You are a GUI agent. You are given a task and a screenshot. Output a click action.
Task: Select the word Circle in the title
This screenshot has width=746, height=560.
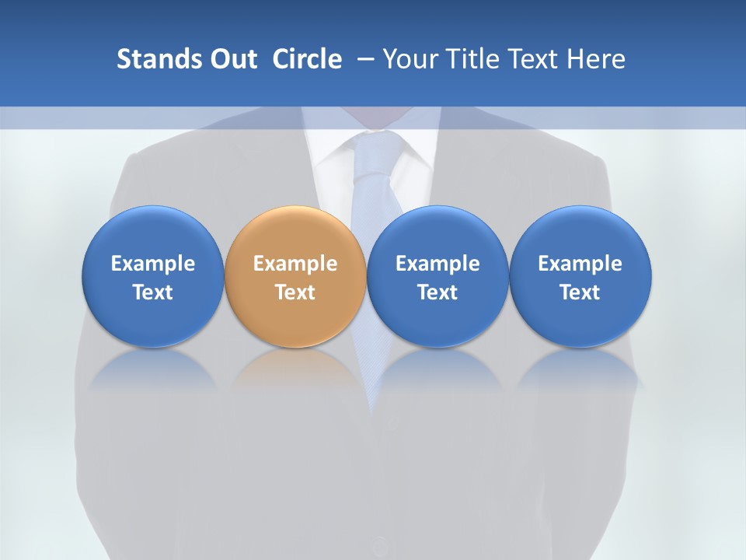307,59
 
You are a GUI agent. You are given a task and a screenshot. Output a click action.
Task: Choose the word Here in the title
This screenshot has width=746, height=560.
596,59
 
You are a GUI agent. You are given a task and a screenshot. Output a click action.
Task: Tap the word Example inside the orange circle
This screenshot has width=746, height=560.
295,264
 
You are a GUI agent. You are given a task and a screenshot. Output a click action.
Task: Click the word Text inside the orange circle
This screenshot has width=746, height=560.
295,292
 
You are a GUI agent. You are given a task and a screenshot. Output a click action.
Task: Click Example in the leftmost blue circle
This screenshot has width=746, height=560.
153,264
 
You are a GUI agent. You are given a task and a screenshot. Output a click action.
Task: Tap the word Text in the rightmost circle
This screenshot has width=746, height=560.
580,292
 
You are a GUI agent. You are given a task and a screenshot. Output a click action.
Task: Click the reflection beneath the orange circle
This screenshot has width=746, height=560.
295,369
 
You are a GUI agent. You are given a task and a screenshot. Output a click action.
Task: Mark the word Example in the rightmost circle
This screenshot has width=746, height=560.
580,264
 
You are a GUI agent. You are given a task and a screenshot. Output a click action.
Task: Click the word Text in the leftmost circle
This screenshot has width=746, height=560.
153,292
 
